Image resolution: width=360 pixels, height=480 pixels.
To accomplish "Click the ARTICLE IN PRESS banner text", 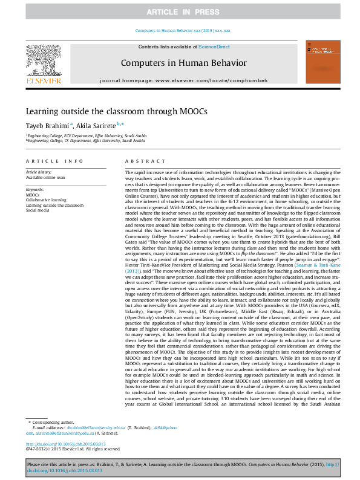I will [x=180, y=12].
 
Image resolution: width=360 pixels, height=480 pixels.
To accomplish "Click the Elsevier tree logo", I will [x=43, y=60].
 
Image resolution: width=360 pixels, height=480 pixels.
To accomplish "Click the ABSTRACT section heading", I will [x=141, y=161].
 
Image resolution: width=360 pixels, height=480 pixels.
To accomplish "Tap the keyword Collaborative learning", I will [x=46, y=199].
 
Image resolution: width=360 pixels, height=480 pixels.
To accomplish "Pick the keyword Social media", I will [x=38, y=209].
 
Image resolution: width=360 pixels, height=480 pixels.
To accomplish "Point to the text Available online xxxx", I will [x=45, y=177].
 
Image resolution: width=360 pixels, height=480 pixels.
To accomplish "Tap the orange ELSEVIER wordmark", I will [x=43, y=80].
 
